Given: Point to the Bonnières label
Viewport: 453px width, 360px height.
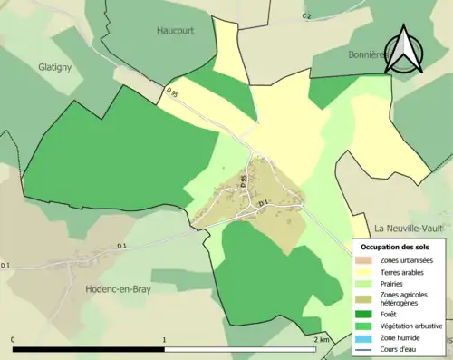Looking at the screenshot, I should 367,54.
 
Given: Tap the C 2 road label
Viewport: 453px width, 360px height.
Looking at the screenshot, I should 306,16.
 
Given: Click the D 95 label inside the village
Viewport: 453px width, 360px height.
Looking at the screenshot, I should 244,180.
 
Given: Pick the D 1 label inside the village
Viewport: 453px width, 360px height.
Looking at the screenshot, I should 263,202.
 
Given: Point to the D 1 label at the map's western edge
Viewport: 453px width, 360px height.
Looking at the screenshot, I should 5,265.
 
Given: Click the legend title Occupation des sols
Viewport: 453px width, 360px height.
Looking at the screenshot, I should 395,247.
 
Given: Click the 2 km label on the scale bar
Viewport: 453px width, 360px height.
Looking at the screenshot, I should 321,338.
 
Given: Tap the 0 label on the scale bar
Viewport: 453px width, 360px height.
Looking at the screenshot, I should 13,338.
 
